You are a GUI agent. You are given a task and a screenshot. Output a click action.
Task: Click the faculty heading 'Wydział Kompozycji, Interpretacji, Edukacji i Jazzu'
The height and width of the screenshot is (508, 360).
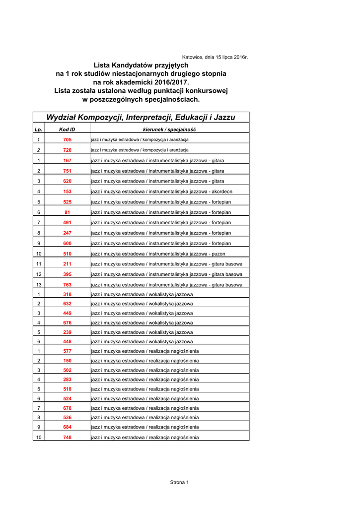141,118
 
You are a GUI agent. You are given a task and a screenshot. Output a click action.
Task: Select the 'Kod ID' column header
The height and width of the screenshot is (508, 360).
67,129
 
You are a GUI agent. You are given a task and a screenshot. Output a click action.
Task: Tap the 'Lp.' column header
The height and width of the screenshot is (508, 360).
38,129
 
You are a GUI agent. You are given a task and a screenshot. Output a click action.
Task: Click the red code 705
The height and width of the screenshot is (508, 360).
68,139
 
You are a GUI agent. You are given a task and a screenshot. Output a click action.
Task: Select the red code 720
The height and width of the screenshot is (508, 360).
68,150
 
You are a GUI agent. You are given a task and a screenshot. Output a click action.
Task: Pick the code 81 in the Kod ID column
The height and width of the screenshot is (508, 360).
68,212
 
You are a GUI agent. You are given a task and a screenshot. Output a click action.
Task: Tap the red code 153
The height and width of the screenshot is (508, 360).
68,191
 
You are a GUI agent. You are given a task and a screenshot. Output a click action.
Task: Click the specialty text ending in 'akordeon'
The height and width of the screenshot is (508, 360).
161,191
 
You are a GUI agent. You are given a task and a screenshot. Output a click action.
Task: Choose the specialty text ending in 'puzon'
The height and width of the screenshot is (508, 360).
158,254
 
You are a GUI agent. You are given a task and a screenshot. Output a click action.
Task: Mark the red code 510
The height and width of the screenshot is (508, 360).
68,254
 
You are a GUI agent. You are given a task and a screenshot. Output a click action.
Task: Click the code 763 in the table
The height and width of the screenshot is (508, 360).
68,285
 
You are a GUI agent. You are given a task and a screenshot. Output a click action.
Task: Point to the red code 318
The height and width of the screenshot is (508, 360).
68,294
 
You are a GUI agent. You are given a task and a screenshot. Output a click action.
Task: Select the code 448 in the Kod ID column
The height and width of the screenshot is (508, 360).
68,341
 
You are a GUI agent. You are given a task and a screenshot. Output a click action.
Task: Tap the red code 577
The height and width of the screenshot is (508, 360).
68,351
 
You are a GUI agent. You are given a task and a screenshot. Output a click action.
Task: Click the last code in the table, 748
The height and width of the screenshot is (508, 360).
68,438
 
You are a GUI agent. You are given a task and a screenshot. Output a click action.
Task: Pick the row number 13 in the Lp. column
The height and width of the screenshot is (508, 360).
38,285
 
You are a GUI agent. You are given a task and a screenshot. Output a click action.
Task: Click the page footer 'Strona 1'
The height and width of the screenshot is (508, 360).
180,482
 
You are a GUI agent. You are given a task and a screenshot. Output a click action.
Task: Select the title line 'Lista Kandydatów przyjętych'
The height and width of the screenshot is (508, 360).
141,65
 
